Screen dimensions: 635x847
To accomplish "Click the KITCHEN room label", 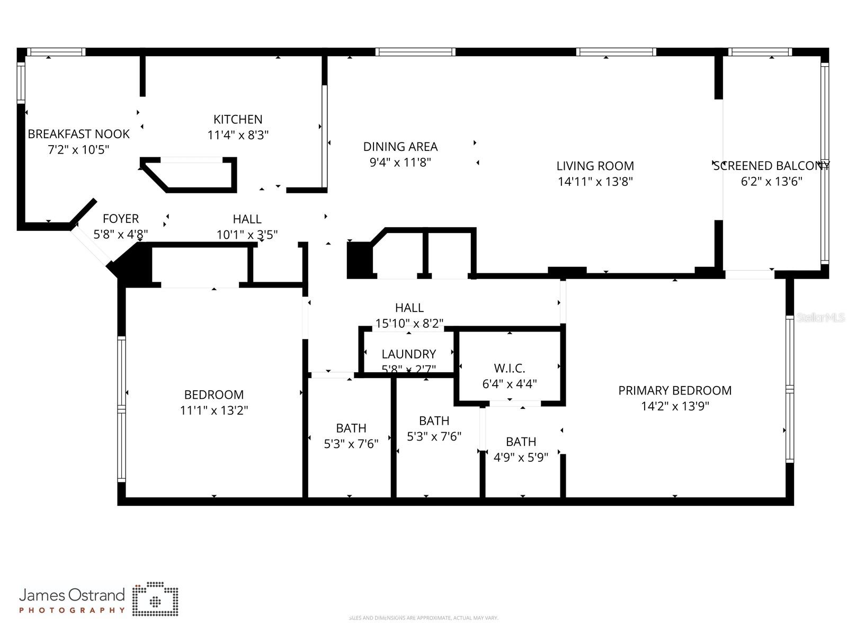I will pos(238,119).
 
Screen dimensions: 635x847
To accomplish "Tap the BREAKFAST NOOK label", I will pos(78,134).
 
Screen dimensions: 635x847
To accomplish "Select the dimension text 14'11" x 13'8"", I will pos(595,182).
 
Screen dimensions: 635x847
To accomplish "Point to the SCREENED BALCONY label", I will pos(771,166).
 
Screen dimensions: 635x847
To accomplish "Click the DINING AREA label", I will pos(400,147).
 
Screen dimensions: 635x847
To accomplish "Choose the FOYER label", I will pos(121,219).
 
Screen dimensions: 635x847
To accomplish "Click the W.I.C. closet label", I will pos(509,368).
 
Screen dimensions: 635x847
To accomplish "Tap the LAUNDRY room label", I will pos(408,354).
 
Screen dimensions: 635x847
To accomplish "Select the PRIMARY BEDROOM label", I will pos(674,390).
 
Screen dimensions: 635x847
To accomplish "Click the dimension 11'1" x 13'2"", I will pos(214,410).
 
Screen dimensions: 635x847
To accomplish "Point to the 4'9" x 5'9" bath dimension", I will pos(521,457).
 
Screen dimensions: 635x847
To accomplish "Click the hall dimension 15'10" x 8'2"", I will pos(409,323).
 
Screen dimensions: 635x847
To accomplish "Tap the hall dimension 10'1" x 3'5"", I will pos(247,235).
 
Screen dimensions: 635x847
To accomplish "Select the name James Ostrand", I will pos(72,595).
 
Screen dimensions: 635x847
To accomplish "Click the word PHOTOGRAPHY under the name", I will pos(72,610).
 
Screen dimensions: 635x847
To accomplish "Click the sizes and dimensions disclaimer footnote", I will pos(423,618).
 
